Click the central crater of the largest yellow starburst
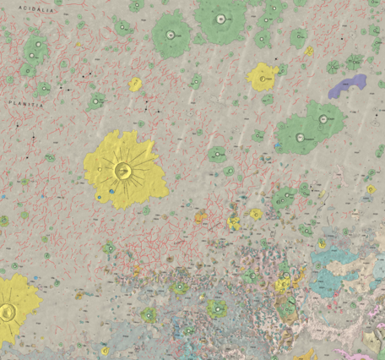coord(123,172)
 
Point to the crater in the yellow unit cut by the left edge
coord(9,312)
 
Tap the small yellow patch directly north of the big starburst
coord(135,84)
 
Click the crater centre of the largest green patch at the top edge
coord(220,19)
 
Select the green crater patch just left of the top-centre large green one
coord(171,35)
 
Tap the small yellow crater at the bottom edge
coord(105,352)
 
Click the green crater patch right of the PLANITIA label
coord(95,102)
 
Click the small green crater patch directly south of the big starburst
coord(109,248)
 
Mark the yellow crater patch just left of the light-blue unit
coord(284,284)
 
